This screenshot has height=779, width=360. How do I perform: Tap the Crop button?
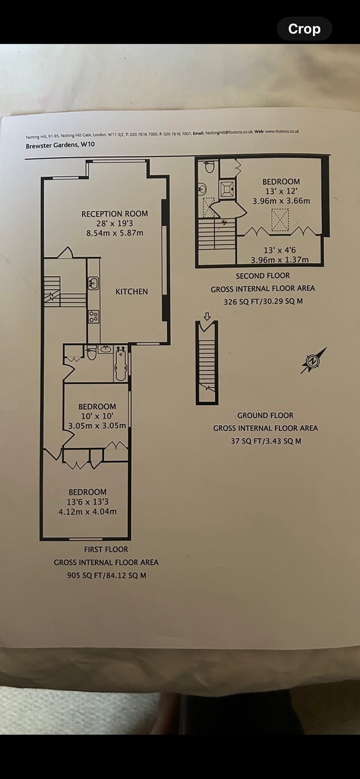click(x=304, y=29)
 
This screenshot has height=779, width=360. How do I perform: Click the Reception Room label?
click(x=114, y=213)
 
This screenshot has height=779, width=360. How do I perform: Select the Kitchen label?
click(x=132, y=291)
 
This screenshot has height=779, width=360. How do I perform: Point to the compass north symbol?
click(x=313, y=361)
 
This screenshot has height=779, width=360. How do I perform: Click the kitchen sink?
click(x=93, y=284)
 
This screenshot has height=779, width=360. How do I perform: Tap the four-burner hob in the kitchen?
click(x=93, y=317)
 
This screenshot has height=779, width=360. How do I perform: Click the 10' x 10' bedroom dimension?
click(x=97, y=416)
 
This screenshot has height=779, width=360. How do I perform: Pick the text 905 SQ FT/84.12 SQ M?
click(x=106, y=576)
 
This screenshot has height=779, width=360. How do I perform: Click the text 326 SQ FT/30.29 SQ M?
click(x=263, y=301)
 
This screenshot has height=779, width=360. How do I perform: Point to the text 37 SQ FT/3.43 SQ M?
click(x=266, y=441)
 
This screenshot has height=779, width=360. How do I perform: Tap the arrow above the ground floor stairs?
click(x=207, y=316)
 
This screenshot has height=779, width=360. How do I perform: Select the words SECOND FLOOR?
click(x=263, y=276)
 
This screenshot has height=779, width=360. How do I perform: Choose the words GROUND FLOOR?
click(x=266, y=415)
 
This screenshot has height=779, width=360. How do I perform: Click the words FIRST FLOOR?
click(x=106, y=550)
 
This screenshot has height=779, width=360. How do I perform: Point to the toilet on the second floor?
click(x=209, y=167)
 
